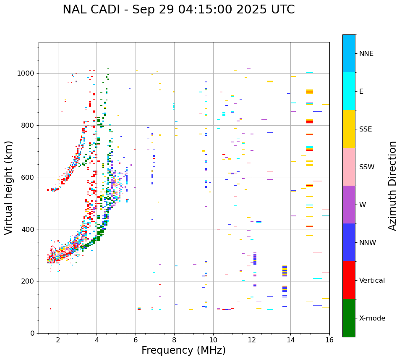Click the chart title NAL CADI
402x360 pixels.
point(178,10)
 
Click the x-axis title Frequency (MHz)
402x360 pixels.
point(183,350)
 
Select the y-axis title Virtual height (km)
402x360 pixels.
point(9,187)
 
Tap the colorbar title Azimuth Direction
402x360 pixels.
point(392,186)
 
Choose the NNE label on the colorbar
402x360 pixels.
point(366,54)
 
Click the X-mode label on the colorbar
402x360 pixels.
point(372,318)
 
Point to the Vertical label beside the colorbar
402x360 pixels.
point(372,281)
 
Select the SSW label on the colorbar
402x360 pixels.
point(367,167)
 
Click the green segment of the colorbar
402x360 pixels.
point(349,318)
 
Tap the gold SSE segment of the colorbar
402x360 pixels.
point(349,129)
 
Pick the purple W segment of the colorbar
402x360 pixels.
point(349,205)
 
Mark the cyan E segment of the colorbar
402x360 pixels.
point(349,91)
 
